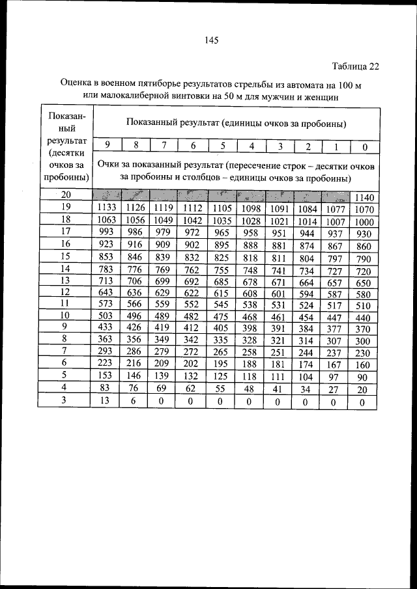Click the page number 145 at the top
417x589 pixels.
tap(210, 40)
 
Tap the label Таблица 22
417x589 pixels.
tap(354, 66)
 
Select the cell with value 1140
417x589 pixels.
tap(364, 197)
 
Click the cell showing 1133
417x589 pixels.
tap(106, 208)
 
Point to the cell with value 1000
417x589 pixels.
tap(364, 221)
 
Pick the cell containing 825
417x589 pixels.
tap(222, 258)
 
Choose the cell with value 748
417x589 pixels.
tap(251, 270)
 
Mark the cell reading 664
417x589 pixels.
tap(308, 282)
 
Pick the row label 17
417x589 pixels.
tap(66, 232)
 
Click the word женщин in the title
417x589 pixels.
tap(319, 97)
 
